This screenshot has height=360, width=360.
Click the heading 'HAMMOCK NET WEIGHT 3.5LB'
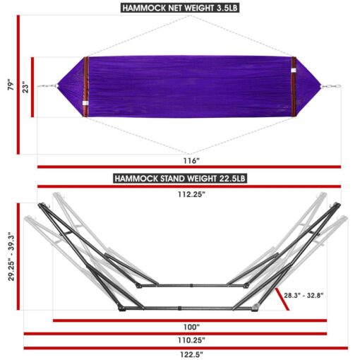(180, 8)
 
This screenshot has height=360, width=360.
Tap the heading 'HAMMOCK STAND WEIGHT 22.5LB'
(180, 179)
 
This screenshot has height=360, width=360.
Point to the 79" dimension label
(11, 85)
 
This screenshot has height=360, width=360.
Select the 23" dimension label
(25, 87)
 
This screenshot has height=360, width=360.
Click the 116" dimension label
(191, 161)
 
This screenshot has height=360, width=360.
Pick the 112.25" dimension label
(191, 194)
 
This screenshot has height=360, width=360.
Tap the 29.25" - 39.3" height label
(11, 256)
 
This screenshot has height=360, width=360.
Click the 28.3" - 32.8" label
(304, 295)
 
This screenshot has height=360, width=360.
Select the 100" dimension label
(191, 327)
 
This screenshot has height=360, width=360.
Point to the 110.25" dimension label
(191, 340)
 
